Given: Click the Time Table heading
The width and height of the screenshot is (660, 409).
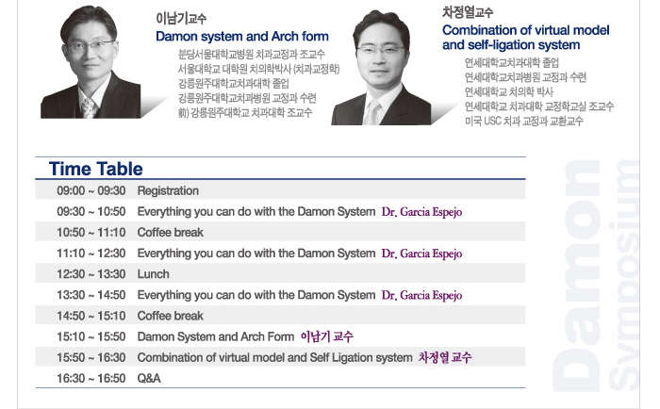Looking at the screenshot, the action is pyautogui.click(x=96, y=169).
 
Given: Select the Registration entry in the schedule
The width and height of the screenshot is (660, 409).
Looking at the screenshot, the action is pyautogui.click(x=168, y=190).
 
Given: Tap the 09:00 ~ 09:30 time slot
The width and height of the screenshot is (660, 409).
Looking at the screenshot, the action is pyautogui.click(x=91, y=190).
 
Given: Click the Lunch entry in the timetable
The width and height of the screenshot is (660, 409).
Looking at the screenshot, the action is pyautogui.click(x=153, y=274).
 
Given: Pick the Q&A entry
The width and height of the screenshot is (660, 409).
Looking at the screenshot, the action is pyautogui.click(x=149, y=378).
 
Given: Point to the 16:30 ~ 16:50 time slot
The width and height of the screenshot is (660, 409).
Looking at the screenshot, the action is pyautogui.click(x=91, y=378).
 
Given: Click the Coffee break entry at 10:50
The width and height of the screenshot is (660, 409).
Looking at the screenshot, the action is pyautogui.click(x=170, y=232).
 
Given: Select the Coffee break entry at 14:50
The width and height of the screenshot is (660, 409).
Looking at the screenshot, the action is pyautogui.click(x=170, y=316).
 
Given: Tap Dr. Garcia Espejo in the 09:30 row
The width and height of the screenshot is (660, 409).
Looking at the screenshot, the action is pyautogui.click(x=421, y=212).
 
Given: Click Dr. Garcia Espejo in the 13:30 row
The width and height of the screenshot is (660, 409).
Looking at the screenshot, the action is pyautogui.click(x=421, y=295).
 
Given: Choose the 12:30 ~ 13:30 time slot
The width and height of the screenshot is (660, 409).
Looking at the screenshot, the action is pyautogui.click(x=91, y=274).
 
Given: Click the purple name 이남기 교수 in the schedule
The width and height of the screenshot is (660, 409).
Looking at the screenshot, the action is pyautogui.click(x=326, y=336).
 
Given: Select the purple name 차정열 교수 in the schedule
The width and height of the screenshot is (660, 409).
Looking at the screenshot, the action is pyautogui.click(x=445, y=357).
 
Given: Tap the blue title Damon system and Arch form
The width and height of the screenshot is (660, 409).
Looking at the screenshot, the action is pyautogui.click(x=242, y=36).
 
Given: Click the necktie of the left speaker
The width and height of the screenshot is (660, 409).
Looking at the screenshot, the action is pyautogui.click(x=89, y=107).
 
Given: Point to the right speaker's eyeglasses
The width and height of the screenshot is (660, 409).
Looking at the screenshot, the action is pyautogui.click(x=381, y=49).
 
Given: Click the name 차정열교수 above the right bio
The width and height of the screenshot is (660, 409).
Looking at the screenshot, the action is pyautogui.click(x=468, y=12).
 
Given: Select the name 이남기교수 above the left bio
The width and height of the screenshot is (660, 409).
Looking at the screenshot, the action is pyautogui.click(x=181, y=19).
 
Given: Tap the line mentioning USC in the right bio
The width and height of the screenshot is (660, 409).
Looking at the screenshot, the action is pyautogui.click(x=524, y=122).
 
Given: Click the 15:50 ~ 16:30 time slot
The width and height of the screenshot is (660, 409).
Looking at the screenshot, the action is pyautogui.click(x=91, y=357).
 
